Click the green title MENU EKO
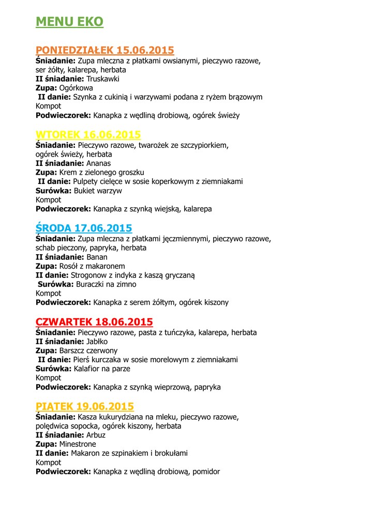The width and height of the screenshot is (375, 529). (69, 22)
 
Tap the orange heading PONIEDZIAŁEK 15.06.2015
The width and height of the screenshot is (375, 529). (104, 50)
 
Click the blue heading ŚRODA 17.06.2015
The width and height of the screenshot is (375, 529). (84, 228)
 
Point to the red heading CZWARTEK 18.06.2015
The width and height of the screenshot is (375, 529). (94, 322)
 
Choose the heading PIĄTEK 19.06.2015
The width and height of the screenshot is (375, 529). (84, 407)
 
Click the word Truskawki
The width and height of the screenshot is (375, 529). (103, 79)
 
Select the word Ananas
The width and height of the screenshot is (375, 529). (98, 163)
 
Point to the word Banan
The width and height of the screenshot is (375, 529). (97, 257)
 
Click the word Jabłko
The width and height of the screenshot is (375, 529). (98, 341)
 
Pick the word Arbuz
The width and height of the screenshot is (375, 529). (96, 435)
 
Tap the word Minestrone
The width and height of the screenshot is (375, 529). (78, 444)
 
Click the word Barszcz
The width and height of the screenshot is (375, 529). (73, 351)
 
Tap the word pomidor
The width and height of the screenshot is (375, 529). (206, 472)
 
